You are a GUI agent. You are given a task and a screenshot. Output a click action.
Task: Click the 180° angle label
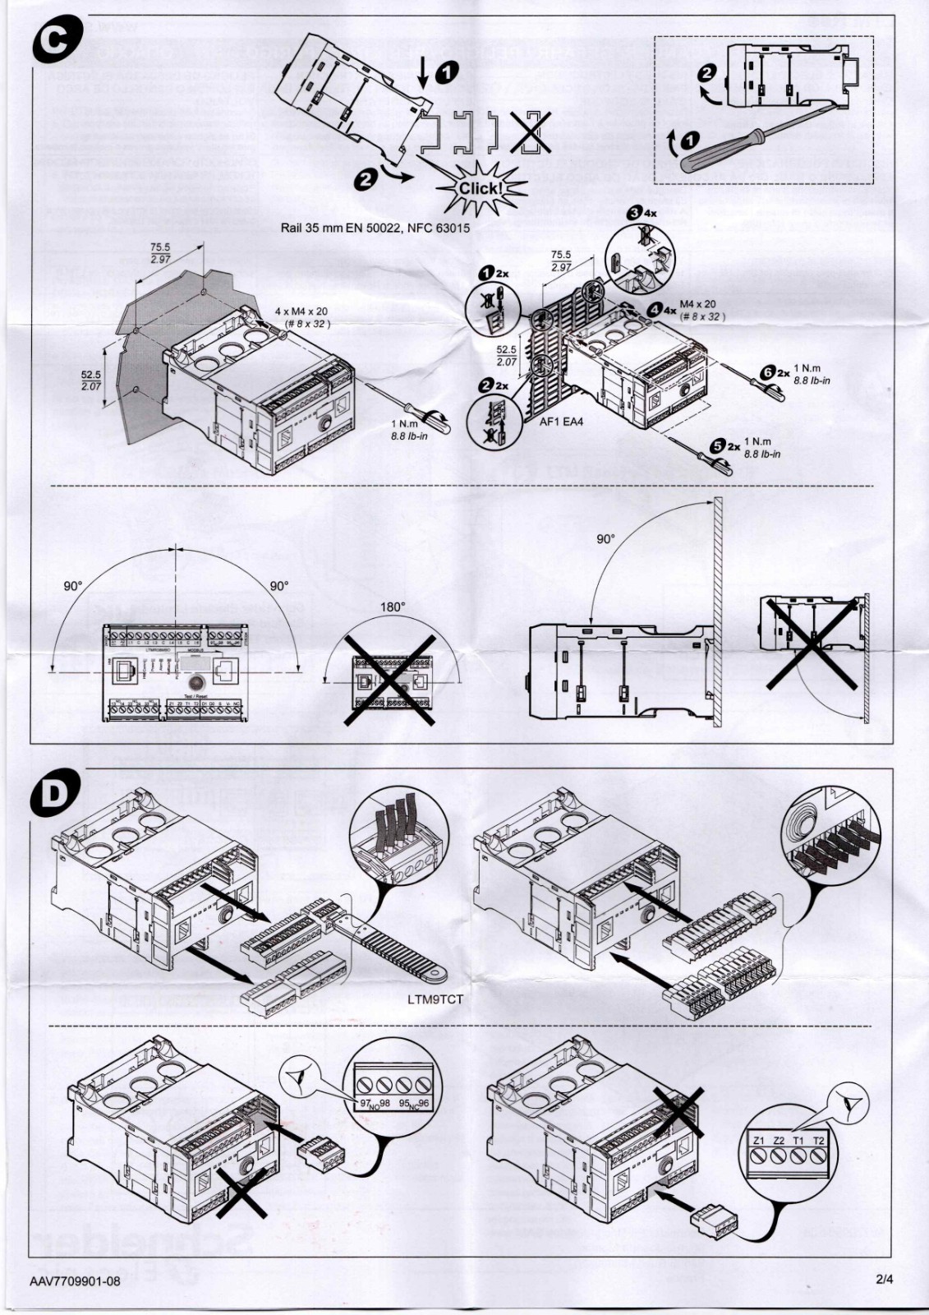point(392,607)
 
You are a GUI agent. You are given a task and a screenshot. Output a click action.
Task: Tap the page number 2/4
point(884,1279)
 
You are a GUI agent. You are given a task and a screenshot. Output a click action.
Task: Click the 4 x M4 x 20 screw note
point(301,312)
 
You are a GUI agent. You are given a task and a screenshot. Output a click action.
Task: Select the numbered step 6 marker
point(769,372)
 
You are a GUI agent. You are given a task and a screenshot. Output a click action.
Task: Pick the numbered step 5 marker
point(717,445)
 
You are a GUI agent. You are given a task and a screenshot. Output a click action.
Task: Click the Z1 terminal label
point(758,1141)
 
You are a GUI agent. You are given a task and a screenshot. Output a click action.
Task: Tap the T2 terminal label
point(818,1141)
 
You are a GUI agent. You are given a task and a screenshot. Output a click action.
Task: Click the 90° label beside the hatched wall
point(605,539)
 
